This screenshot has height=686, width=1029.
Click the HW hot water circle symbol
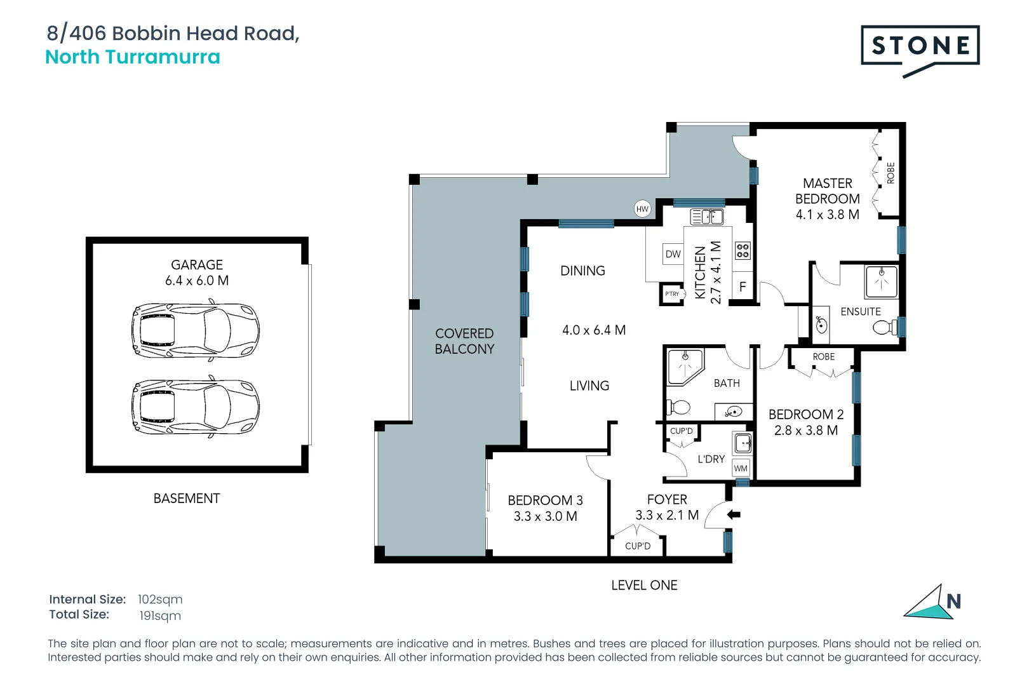click(x=642, y=209)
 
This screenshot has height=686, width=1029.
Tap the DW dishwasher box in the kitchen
click(x=673, y=254)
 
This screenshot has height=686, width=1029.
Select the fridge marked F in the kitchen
click(x=743, y=287)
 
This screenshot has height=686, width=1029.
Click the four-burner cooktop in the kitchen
click(x=743, y=250)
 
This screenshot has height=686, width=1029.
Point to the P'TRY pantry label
click(x=671, y=294)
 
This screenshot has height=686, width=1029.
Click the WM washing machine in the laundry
click(x=741, y=468)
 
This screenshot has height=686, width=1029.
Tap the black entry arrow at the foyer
click(x=734, y=514)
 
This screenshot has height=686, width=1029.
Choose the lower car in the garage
click(x=195, y=407)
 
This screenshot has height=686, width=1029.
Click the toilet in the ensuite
click(x=885, y=327)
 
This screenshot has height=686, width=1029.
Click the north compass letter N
click(x=953, y=602)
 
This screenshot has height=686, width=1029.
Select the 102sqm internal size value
click(x=160, y=599)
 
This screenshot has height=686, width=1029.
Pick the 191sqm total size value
click(x=160, y=615)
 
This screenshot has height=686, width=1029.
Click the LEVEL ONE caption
click(x=644, y=585)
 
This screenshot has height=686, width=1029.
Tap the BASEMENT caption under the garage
click(x=187, y=498)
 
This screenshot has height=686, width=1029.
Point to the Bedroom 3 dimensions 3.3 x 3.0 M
click(x=545, y=516)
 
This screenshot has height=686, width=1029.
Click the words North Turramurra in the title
click(x=133, y=57)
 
